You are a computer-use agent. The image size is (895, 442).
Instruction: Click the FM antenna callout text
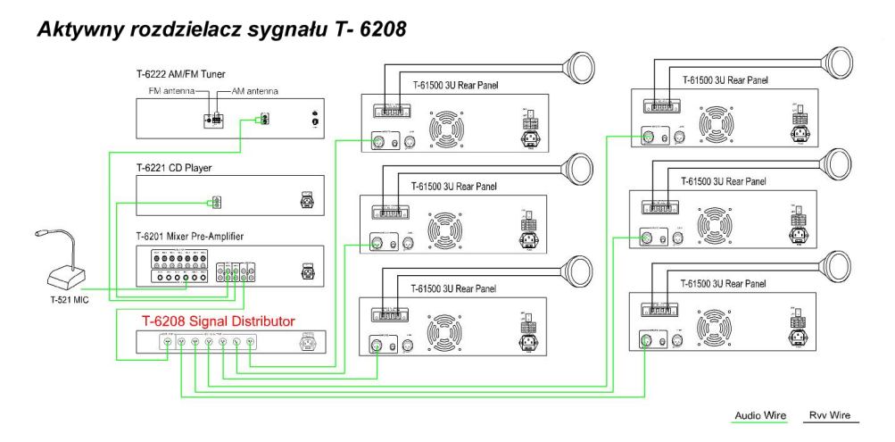click(x=168, y=92)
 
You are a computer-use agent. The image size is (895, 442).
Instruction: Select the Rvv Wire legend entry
click(x=830, y=415)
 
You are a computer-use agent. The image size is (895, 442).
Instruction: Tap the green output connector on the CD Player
click(x=214, y=203)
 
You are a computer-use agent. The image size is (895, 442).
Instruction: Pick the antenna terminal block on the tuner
click(x=214, y=118)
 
